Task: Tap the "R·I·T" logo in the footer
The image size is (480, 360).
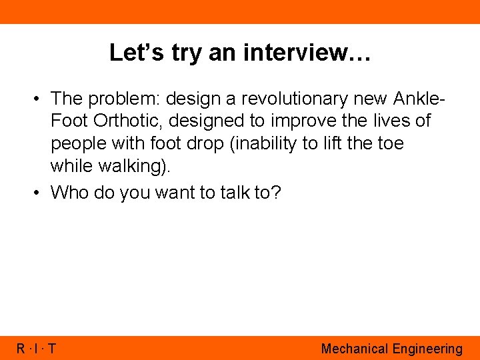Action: click(x=37, y=348)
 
